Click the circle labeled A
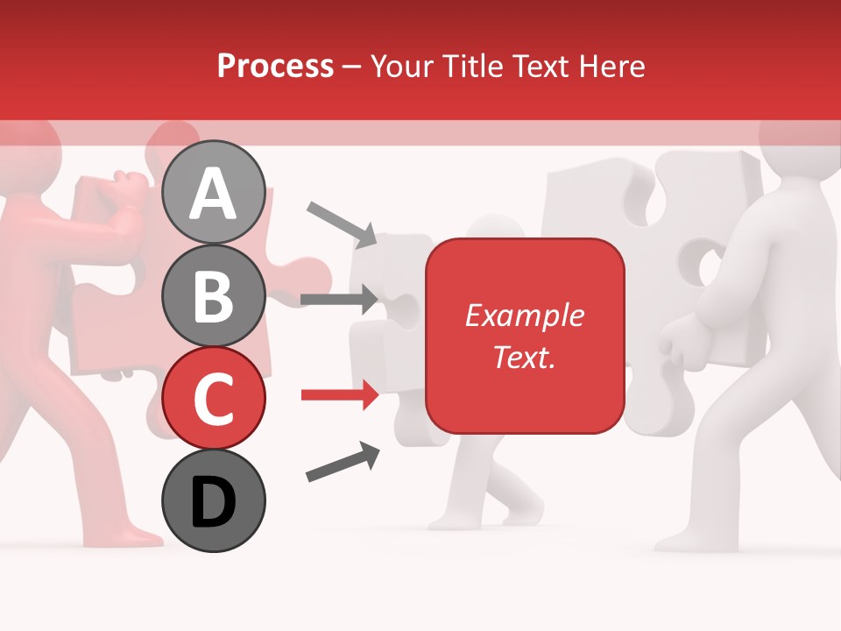coord(214,192)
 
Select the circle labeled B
coord(214,295)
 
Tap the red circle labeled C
coord(214,398)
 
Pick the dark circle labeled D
coord(214,500)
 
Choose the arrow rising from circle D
coord(343,462)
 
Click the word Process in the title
coord(275,67)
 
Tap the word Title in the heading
coord(474,67)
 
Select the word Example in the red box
coord(524,315)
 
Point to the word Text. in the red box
coord(524,358)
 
